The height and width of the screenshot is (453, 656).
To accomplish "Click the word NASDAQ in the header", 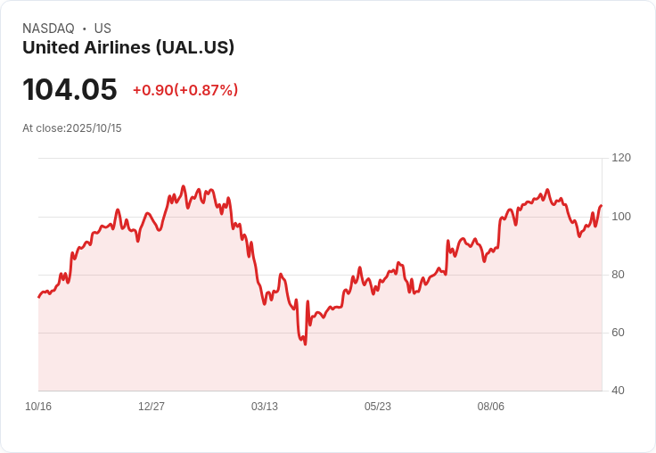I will coord(48,29).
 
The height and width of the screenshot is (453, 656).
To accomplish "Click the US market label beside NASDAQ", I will coord(102,29).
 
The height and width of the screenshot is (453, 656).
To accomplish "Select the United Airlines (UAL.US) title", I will coord(128,48).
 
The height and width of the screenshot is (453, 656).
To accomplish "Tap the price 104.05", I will coord(70,90).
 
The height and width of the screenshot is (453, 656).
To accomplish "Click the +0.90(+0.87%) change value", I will coord(185,90).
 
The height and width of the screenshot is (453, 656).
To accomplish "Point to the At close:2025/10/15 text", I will coord(72,128).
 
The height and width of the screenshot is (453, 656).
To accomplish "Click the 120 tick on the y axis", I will coord(621,158).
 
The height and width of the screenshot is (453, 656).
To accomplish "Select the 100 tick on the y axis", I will coord(621,217).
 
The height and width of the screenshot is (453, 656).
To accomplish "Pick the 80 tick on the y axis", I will coord(619,275).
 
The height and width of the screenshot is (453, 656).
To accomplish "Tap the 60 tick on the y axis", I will coord(619,333).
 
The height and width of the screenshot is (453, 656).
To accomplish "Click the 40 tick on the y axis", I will coord(619,391).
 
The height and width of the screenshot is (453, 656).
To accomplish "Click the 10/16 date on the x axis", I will coord(38,407).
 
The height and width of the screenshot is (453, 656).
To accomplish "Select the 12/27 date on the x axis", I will coord(152,407).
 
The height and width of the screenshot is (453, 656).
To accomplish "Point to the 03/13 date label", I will coord(265,407).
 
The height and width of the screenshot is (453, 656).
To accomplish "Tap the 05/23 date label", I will coord(378,407).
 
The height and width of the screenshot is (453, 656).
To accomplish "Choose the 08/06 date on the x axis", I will coord(491,407).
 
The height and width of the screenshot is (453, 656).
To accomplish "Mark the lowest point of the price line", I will coord(305,344).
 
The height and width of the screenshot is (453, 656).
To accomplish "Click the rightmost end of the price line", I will coord(602,206).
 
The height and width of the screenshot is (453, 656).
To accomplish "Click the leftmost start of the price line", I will coord(38,297).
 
